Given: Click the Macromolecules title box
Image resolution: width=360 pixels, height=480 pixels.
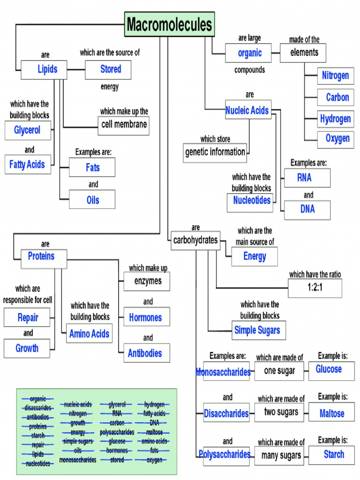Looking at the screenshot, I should coord(170,24).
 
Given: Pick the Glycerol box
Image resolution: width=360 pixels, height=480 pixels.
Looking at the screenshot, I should coord(28,130).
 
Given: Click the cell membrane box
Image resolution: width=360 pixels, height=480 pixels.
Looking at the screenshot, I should coord(124,125).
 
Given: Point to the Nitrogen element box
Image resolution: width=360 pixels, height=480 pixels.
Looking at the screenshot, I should coord(335,76).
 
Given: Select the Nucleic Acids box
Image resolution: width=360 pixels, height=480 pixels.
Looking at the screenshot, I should coord(248,111).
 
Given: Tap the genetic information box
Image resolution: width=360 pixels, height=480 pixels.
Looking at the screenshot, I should coord(215,152).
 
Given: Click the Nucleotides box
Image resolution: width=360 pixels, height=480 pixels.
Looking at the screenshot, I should coord(253,201).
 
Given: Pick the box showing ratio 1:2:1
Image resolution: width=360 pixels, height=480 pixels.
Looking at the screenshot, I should coord(315,288).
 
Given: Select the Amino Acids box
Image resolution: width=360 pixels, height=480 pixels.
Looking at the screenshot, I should coord(89,334).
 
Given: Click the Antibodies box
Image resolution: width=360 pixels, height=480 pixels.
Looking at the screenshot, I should coord(146,353).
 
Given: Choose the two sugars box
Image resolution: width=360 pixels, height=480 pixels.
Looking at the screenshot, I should coord(281,412).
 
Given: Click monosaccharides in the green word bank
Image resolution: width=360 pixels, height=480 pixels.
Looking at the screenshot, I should coord(78,460).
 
